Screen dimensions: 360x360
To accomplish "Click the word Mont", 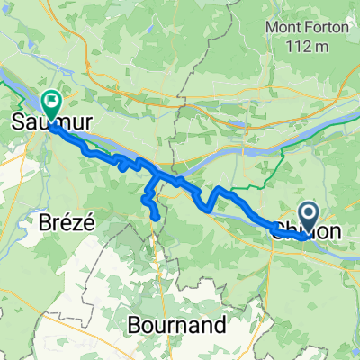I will coord(283,28).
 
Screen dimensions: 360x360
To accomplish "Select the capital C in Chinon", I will coord(279,232).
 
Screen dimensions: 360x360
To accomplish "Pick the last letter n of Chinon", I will coord(336,233).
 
